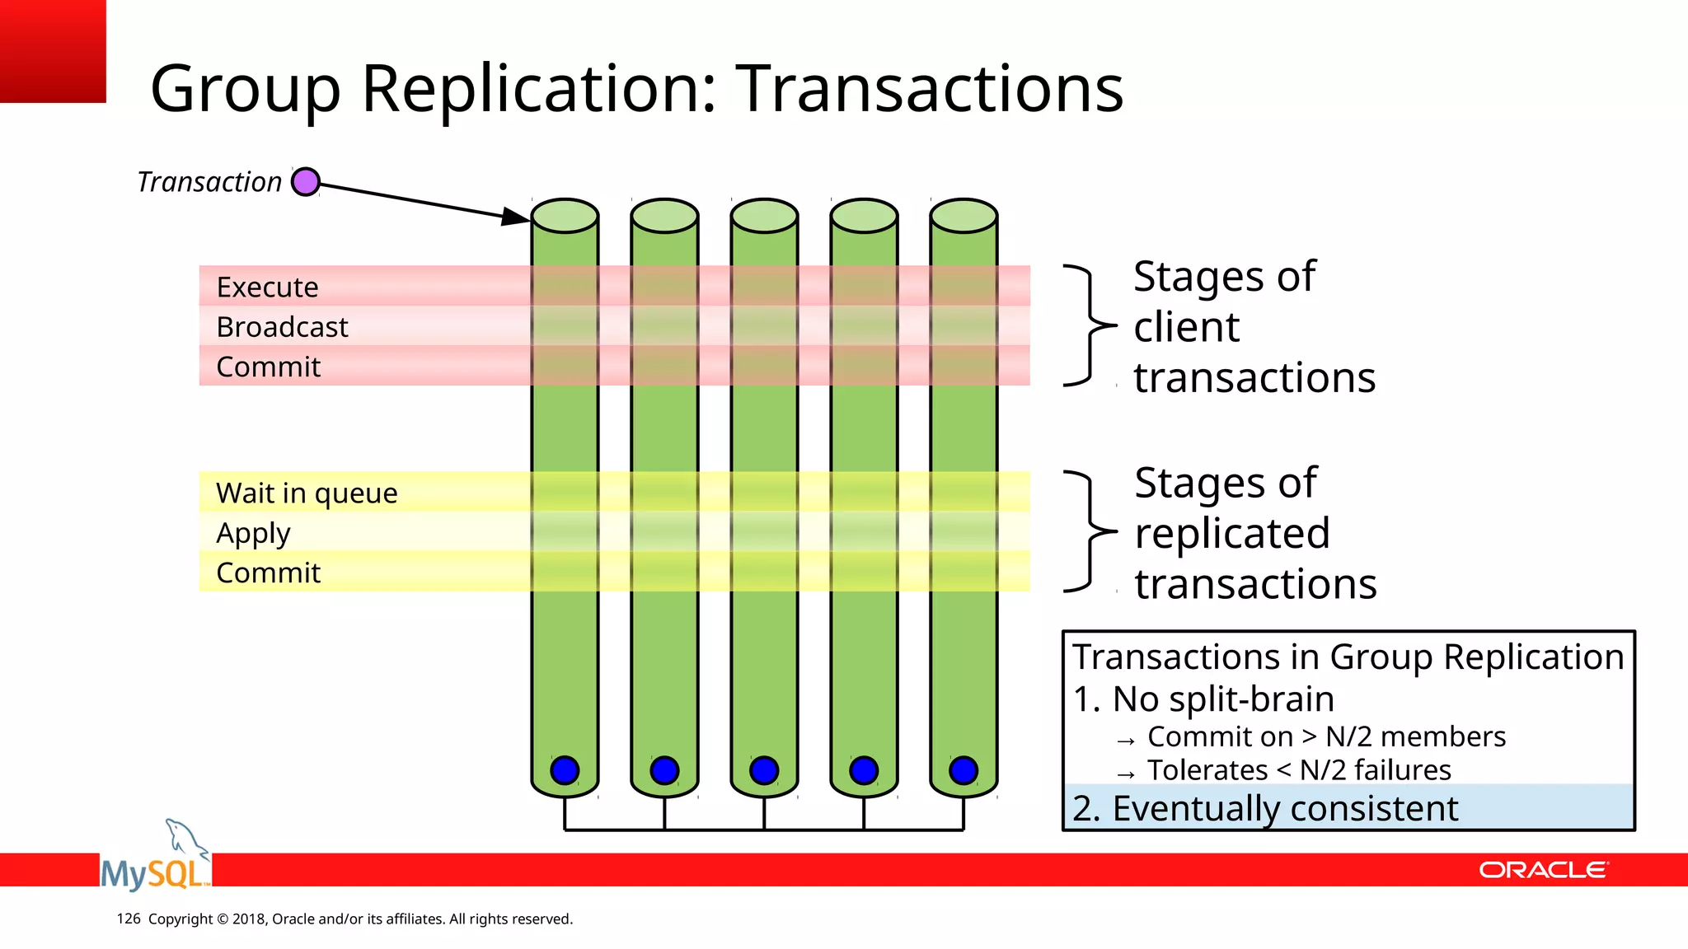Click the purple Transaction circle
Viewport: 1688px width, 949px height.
point(306,181)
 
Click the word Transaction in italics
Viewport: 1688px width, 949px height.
point(209,182)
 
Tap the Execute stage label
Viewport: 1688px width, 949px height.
point(267,287)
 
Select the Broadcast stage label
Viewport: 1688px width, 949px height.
point(282,327)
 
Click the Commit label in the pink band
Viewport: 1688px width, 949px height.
point(268,367)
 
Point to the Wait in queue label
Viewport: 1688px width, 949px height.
point(307,493)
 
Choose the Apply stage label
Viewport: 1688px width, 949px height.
point(253,534)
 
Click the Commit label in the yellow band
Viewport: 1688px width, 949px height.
point(268,573)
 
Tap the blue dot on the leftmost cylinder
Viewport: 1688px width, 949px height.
point(565,770)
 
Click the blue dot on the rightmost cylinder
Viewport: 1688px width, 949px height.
point(964,770)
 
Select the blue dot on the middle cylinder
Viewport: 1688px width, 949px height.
point(764,770)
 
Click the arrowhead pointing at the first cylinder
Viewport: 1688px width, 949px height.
point(516,217)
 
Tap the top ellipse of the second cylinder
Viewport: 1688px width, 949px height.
point(664,216)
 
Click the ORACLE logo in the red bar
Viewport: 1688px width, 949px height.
point(1543,870)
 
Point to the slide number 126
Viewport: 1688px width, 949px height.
point(129,919)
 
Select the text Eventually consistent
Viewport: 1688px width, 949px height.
point(1284,808)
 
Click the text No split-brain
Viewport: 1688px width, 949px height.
point(1222,699)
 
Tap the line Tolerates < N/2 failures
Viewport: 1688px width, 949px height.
point(1298,770)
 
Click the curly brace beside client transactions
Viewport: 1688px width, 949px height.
point(1090,326)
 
